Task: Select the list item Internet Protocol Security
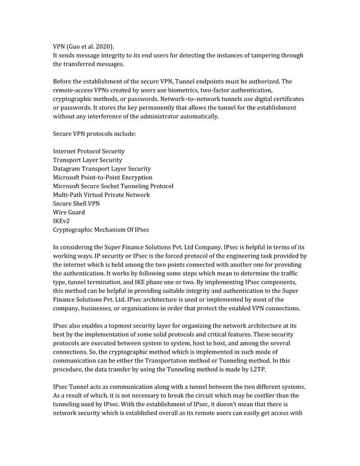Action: (89, 151)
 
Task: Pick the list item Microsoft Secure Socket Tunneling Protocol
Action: (113, 186)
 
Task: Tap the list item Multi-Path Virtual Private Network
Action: (101, 195)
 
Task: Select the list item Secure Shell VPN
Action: (77, 204)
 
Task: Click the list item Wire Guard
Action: (69, 212)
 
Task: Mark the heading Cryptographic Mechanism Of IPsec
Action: (101, 230)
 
